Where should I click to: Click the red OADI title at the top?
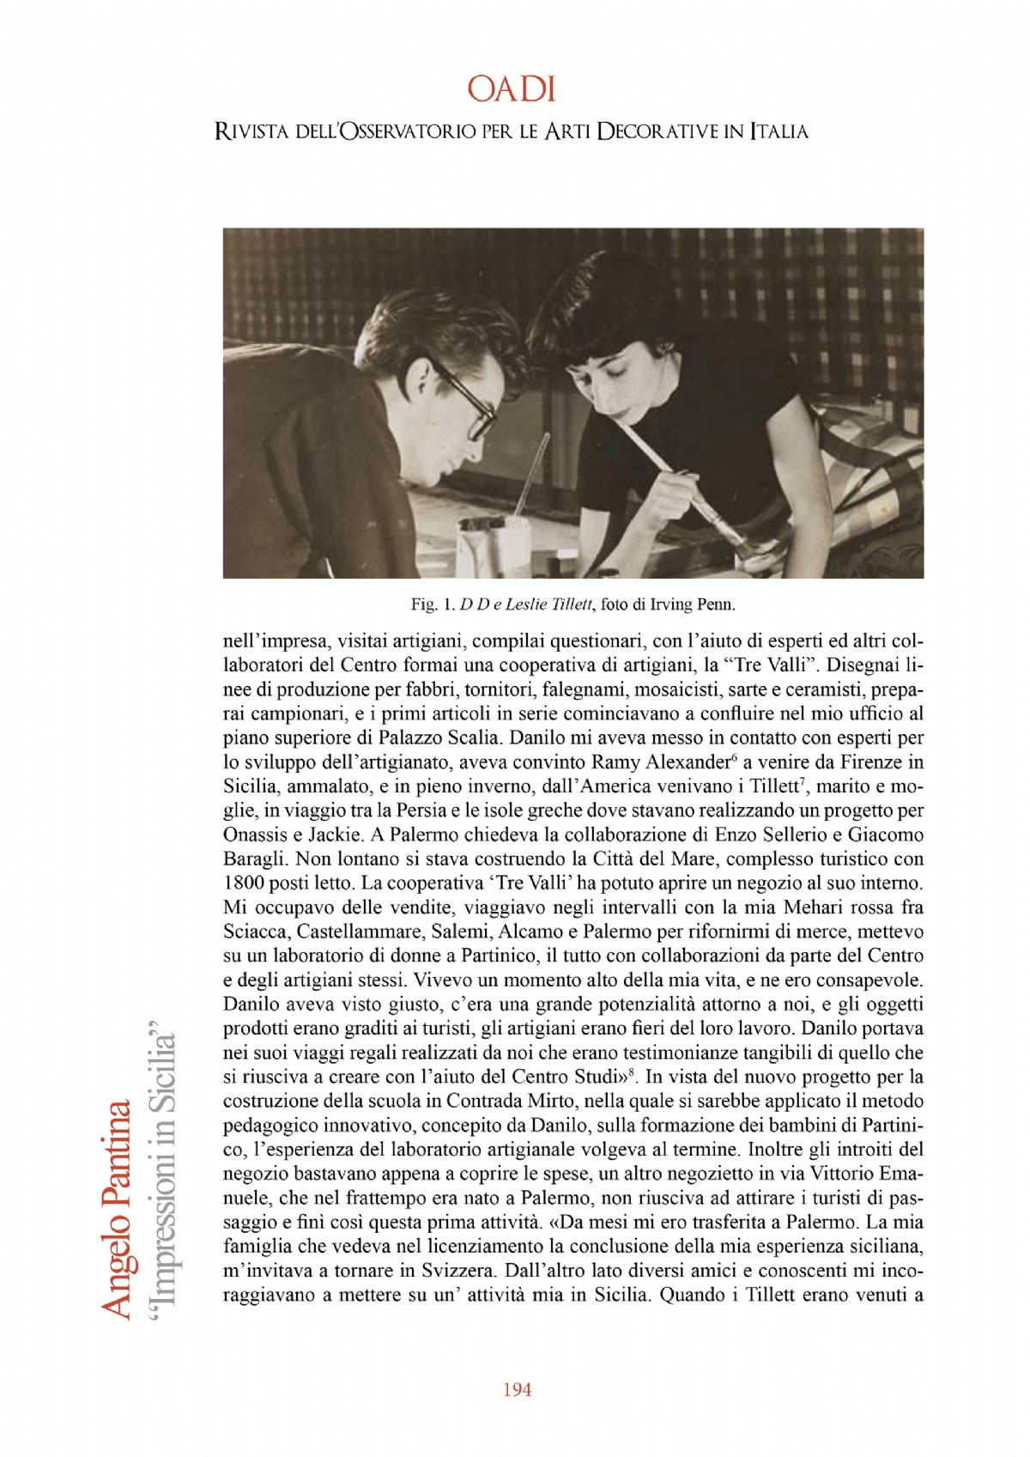click(512, 89)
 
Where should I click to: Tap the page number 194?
click(517, 1389)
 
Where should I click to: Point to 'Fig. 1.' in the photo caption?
click(433, 604)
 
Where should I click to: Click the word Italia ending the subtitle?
click(779, 132)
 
